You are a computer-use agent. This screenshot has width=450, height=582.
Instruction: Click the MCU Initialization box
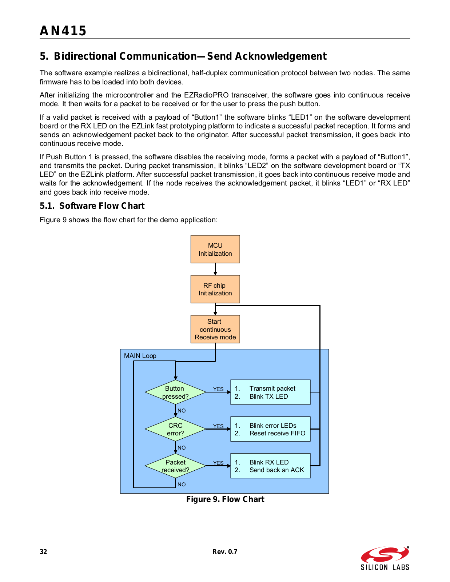tap(215, 249)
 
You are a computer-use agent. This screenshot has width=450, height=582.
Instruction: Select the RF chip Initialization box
tap(215, 289)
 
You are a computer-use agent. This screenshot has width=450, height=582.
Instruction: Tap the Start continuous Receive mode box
tap(215, 329)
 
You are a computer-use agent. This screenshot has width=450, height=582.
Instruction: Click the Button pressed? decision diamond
tap(175, 392)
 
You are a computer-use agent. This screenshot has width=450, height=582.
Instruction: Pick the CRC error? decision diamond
tap(175, 429)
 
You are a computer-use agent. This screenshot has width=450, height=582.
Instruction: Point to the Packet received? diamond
tap(175, 466)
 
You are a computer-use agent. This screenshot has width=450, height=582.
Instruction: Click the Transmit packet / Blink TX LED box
tap(271, 392)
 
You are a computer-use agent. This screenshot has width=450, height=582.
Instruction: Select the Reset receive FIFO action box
tap(271, 429)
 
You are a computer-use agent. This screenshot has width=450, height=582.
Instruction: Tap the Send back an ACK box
tap(271, 466)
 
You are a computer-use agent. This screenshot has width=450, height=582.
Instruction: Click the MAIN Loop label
tap(140, 356)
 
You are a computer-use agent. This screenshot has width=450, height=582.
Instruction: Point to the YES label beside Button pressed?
tap(218, 389)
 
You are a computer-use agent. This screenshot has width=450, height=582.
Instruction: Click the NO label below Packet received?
tap(181, 484)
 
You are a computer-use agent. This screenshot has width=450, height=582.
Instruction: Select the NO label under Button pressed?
tap(181, 411)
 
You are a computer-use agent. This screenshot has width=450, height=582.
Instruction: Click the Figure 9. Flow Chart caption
tap(225, 499)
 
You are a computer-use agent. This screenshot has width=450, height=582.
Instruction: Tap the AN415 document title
tap(63, 31)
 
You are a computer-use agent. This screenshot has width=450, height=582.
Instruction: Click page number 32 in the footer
tap(43, 552)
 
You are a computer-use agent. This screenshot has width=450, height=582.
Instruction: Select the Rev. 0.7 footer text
tap(225, 552)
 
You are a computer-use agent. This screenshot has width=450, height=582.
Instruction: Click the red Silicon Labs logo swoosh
tap(385, 554)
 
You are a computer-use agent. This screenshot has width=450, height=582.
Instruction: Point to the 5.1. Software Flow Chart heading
tap(92, 206)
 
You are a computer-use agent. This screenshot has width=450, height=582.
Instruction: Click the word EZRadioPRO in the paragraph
tap(206, 95)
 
